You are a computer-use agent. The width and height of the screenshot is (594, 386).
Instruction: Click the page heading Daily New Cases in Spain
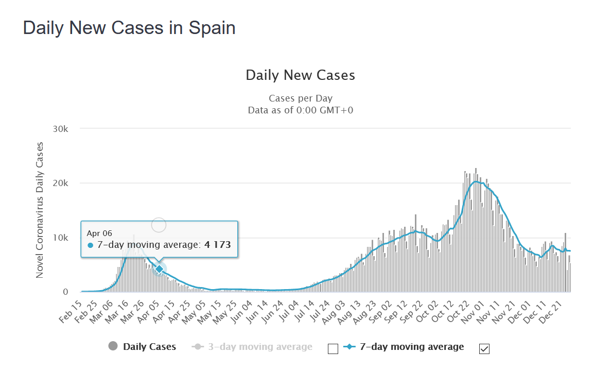click(x=129, y=28)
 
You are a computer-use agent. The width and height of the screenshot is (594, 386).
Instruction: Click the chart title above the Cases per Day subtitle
click(x=300, y=75)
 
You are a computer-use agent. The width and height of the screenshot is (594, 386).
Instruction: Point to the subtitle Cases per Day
click(x=300, y=98)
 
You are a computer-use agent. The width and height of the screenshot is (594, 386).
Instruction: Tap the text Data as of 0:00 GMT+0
click(x=300, y=110)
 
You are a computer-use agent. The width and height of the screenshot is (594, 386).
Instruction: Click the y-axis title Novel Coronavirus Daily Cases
click(x=40, y=210)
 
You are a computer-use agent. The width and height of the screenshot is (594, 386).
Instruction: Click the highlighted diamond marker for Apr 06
click(x=160, y=268)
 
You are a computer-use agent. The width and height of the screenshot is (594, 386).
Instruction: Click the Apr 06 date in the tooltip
click(x=99, y=233)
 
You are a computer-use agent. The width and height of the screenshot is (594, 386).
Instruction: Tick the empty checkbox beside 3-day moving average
click(x=333, y=349)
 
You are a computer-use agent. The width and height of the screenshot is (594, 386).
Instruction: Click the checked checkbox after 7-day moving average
click(x=484, y=349)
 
